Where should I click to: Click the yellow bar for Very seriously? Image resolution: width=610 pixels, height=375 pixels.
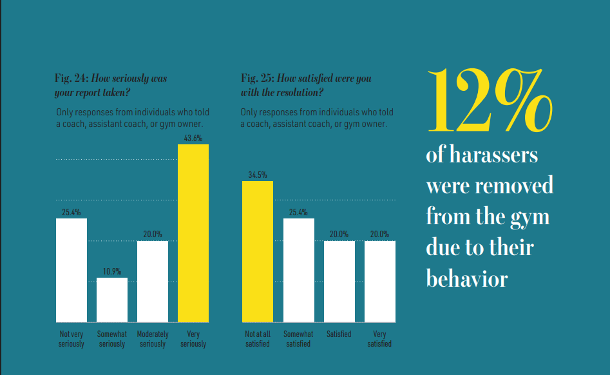pyautogui.click(x=193, y=233)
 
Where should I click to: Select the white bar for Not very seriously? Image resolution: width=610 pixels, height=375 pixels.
pyautogui.click(x=71, y=270)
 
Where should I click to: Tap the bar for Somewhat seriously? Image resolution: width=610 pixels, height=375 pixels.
pyautogui.click(x=112, y=300)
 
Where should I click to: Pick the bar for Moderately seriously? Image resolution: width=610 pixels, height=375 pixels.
pyautogui.click(x=153, y=281)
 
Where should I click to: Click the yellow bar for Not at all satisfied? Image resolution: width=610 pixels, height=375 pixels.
pyautogui.click(x=258, y=251)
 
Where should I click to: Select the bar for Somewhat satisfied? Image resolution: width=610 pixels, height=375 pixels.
pyautogui.click(x=298, y=270)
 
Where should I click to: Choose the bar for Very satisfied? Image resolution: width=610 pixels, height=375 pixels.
pyautogui.click(x=379, y=281)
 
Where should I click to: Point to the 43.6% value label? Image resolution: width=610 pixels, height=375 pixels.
pyautogui.click(x=193, y=139)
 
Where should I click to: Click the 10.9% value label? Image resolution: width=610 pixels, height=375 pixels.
pyautogui.click(x=112, y=271)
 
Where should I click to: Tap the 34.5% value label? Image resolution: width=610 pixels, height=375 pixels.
pyautogui.click(x=258, y=175)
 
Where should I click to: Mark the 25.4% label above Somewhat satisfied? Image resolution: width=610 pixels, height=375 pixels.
pyautogui.click(x=298, y=212)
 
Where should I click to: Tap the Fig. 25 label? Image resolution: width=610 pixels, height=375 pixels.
pyautogui.click(x=258, y=79)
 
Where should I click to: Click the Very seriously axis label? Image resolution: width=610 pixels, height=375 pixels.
pyautogui.click(x=193, y=339)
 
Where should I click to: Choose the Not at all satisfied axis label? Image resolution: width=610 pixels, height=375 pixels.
pyautogui.click(x=258, y=339)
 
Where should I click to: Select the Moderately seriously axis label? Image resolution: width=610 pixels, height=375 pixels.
pyautogui.click(x=153, y=339)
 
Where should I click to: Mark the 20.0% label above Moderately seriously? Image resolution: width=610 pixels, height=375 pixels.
pyautogui.click(x=153, y=235)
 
